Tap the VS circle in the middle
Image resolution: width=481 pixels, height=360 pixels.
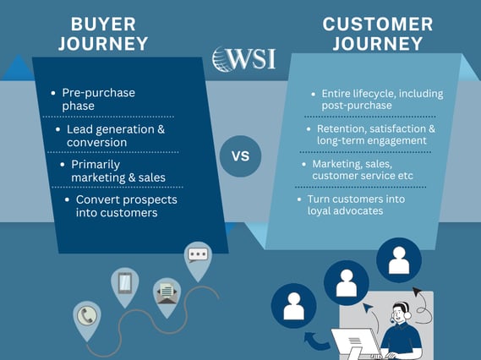(x=240, y=156)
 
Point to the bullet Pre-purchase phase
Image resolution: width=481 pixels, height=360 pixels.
(x=98, y=98)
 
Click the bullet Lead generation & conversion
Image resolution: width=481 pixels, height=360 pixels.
(x=115, y=135)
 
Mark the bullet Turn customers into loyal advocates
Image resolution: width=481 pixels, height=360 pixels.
(x=356, y=205)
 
